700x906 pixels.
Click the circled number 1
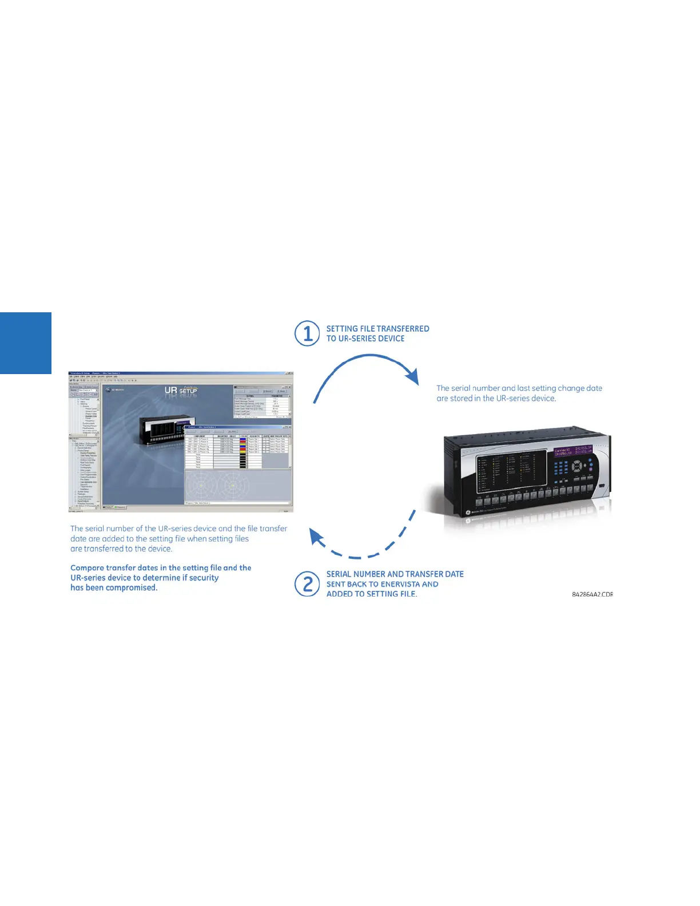(x=307, y=333)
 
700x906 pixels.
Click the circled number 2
(x=307, y=584)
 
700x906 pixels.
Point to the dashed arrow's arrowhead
(x=316, y=537)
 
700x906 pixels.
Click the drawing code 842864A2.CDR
(x=592, y=594)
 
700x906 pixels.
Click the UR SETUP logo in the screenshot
(x=181, y=390)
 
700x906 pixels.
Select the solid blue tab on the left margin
(x=26, y=343)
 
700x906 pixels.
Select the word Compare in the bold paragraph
(x=87, y=567)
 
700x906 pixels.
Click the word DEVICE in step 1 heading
(x=391, y=339)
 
